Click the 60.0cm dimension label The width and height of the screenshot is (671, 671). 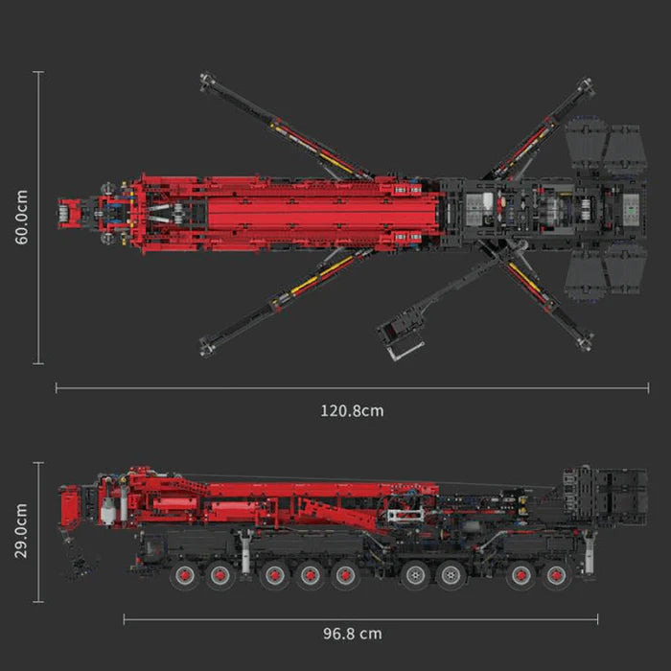[21, 218]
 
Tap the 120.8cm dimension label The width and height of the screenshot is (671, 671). [352, 411]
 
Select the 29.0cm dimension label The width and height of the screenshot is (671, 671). [21, 531]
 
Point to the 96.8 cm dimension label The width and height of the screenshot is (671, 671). [352, 634]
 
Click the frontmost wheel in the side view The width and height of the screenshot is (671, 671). [184, 575]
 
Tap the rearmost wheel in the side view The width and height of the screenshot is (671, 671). [556, 575]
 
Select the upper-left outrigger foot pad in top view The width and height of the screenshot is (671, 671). [207, 80]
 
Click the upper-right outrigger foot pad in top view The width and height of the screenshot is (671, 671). [585, 85]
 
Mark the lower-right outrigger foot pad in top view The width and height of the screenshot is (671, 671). [585, 341]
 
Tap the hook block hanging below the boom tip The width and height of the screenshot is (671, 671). [80, 565]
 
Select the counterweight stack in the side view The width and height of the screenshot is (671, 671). [605, 496]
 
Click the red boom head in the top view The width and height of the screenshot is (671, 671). [68, 213]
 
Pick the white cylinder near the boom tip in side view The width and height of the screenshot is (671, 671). [107, 511]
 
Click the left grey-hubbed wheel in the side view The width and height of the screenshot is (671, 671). [414, 575]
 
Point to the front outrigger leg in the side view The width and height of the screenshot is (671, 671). [245, 553]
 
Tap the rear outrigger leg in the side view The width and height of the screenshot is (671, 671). [590, 552]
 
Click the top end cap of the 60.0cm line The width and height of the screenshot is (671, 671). [38, 72]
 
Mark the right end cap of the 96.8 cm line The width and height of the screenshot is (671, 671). [597, 619]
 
